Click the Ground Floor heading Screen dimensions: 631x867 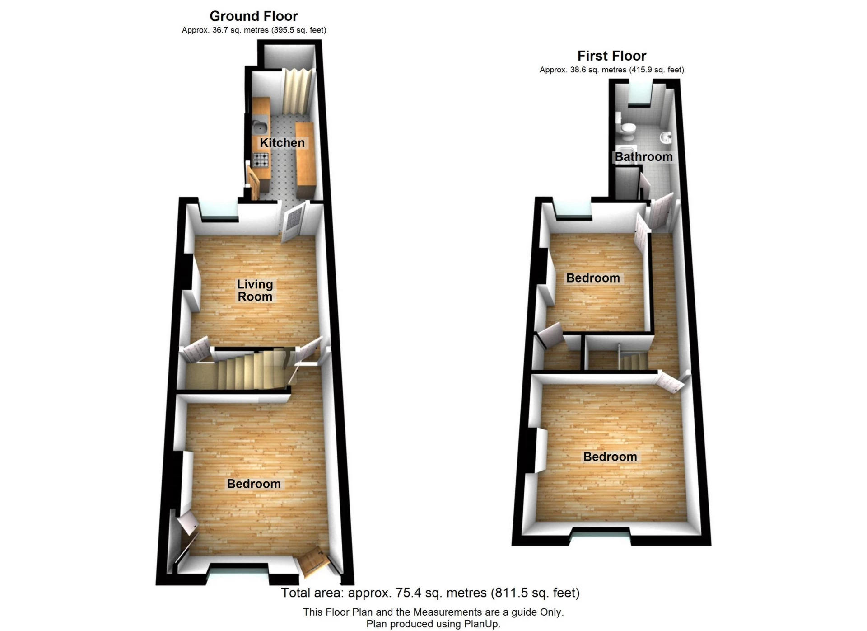pyautogui.click(x=253, y=16)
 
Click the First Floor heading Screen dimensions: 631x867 pyautogui.click(x=611, y=56)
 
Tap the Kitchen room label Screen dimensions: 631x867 pyautogui.click(x=282, y=143)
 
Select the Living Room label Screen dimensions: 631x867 pyautogui.click(x=255, y=290)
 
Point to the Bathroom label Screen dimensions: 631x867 pyautogui.click(x=643, y=157)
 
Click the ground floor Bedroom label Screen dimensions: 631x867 pyautogui.click(x=253, y=484)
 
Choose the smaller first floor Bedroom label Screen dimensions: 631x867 pyautogui.click(x=592, y=278)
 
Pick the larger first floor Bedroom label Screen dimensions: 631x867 pyautogui.click(x=610, y=457)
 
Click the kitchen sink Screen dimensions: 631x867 pyautogui.click(x=259, y=124)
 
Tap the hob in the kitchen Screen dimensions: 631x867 pyautogui.click(x=261, y=160)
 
